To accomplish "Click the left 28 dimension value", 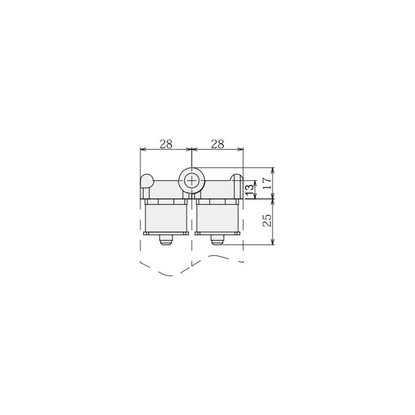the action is pyautogui.click(x=166, y=144).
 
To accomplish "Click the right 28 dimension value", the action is pyautogui.click(x=217, y=144).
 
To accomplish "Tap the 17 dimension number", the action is pyautogui.click(x=267, y=183).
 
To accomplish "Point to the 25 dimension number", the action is pyautogui.click(x=267, y=220).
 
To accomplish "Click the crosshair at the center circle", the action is pyautogui.click(x=191, y=181).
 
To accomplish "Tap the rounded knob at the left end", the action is pyautogui.click(x=146, y=180).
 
